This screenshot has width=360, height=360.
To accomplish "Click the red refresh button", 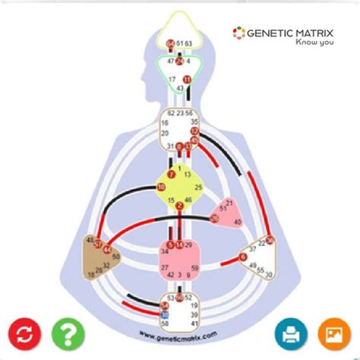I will tap(24, 334).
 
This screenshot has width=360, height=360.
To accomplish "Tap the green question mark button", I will tap(68, 334).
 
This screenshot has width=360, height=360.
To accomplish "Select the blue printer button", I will tap(290, 334).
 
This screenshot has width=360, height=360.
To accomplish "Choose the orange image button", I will tap(333, 334).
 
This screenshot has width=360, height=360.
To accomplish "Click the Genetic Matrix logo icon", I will tap(238, 33).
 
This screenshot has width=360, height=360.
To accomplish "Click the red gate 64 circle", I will tap(170, 44).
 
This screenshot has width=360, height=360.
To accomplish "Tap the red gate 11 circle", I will tap(188, 79).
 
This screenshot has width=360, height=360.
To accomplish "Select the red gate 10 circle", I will tap(161, 186).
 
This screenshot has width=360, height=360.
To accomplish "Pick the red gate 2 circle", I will tap(179, 206).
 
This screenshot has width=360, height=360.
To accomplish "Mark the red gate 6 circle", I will tap(244, 258).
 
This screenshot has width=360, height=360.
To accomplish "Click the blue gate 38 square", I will tap(165, 314).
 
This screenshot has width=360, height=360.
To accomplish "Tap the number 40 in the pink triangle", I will tap(237, 222).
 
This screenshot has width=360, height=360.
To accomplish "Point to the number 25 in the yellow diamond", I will tap(198, 187).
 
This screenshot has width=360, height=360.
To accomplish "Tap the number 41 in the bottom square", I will tap(195, 322).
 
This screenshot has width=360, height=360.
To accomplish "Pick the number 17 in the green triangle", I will tap(172, 79).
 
